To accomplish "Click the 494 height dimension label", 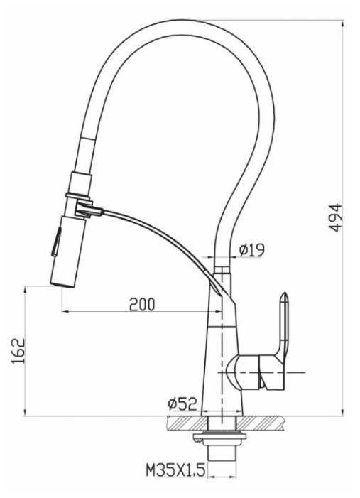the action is coord(335,218).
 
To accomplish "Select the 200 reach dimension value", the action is coord(142,304).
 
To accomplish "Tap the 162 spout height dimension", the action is coord(18,351).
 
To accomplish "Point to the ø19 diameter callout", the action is coord(252,250).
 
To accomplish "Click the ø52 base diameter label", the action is coord(182,404).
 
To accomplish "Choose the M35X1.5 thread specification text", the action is coord(175,470).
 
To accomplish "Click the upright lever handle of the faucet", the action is coord(284,324).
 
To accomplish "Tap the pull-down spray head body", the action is coord(69,251).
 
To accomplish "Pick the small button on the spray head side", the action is coord(57,242).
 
